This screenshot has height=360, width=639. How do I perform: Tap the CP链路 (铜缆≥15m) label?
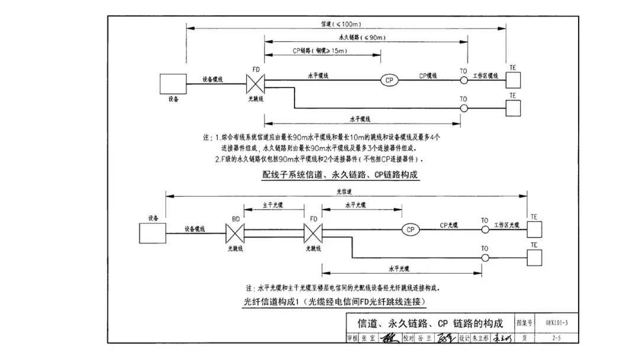[x=319, y=52]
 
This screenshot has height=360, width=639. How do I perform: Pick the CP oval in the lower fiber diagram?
[x=410, y=229]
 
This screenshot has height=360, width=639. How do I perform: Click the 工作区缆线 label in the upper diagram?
[x=486, y=77]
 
